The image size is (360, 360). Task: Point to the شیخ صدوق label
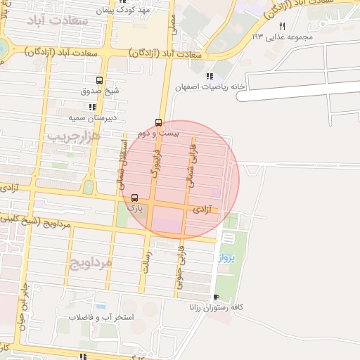pos(100,91)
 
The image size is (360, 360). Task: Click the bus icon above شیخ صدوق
pos(100,79)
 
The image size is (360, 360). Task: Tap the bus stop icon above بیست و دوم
pos(158,122)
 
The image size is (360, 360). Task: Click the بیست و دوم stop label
pos(158,133)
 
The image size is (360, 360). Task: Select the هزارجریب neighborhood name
pos(75,136)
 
